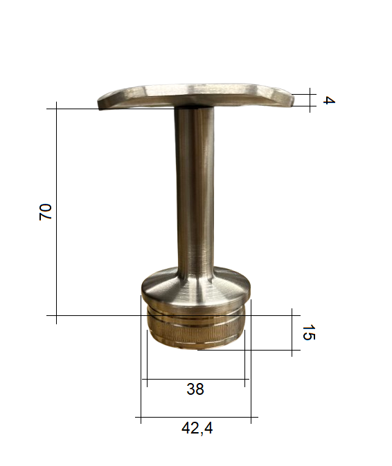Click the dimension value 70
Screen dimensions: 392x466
[x=46, y=212]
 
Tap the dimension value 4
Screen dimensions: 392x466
[x=329, y=100]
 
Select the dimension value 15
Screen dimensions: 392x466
[x=309, y=333]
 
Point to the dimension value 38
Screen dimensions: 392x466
[x=195, y=389]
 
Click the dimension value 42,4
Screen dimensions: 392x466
[x=197, y=429]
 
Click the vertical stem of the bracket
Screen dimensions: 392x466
[x=195, y=190]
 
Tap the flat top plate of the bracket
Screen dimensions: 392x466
[x=196, y=96]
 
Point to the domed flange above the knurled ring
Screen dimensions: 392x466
[x=196, y=290]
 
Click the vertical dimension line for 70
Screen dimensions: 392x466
[x=56, y=212]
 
